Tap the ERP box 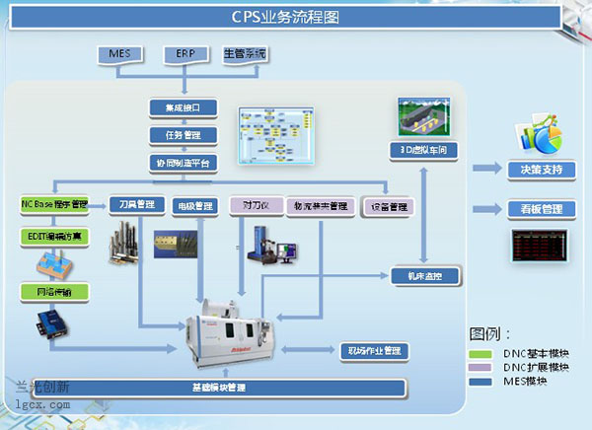[185, 52]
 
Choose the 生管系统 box [246, 52]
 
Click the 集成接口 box [178, 107]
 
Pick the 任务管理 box [178, 134]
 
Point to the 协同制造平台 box [178, 162]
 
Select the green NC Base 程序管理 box [54, 205]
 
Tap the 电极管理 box [193, 206]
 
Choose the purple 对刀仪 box [256, 206]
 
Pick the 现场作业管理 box [374, 350]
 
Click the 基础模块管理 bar [219, 385]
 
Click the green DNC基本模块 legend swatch [479, 353]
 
